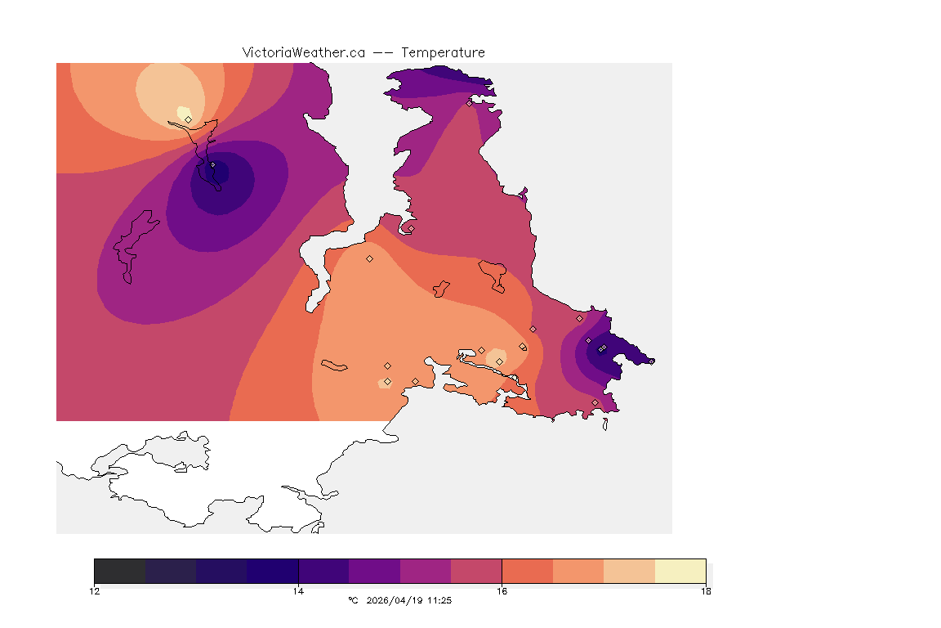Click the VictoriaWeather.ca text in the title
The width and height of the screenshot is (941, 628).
click(x=303, y=52)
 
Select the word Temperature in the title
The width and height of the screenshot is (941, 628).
click(x=443, y=52)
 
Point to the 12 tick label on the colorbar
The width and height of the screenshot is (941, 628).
click(x=95, y=590)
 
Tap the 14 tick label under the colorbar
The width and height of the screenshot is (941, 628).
click(x=298, y=590)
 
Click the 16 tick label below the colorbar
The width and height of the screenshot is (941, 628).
click(x=502, y=590)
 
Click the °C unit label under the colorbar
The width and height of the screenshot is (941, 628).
click(x=353, y=600)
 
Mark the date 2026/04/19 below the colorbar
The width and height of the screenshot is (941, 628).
click(x=399, y=600)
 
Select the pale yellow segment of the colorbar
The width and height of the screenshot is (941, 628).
click(x=680, y=571)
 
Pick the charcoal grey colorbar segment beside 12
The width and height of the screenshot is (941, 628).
click(x=120, y=571)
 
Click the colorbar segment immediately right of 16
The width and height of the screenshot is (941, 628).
click(x=527, y=571)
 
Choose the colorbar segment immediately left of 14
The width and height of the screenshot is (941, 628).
click(x=273, y=571)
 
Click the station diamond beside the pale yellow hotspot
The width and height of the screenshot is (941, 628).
click(x=189, y=119)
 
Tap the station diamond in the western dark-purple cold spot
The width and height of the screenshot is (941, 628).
click(x=212, y=164)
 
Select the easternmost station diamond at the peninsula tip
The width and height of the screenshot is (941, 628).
click(x=603, y=348)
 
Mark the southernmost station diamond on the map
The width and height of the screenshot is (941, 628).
click(x=595, y=402)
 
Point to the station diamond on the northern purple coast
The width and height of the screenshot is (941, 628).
click(x=469, y=103)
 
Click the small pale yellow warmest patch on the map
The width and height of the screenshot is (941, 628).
click(x=184, y=112)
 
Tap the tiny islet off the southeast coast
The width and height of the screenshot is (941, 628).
click(x=605, y=424)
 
